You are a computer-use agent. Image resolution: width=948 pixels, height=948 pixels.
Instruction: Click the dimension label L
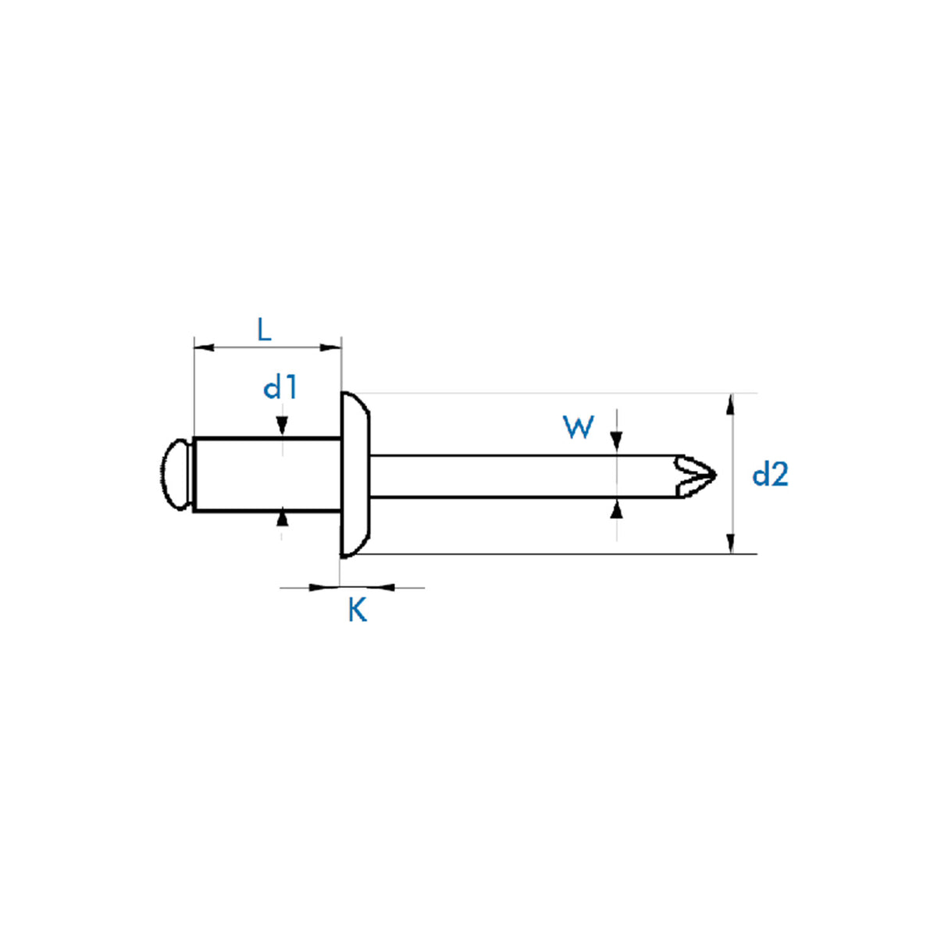pos(264,330)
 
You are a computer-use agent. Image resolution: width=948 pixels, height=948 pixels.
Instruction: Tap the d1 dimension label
pos(280,387)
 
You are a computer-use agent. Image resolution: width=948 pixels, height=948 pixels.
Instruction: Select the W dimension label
pos(578,427)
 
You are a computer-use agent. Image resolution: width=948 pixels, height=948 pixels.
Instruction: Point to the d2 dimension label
pos(770,475)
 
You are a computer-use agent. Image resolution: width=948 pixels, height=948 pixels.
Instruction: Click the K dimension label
pos(357,610)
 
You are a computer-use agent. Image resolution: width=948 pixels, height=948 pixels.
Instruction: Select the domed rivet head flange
pos(355,475)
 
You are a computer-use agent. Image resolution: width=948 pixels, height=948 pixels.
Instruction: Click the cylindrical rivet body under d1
pos(266,475)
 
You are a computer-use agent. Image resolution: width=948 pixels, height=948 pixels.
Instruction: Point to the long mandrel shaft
pos(523,476)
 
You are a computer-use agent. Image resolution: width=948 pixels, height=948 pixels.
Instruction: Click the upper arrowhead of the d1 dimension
pos(282,426)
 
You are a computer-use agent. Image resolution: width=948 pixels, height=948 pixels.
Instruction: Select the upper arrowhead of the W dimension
pos(617,442)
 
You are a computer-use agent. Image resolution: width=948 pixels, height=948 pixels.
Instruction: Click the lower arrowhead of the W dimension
pos(617,509)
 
